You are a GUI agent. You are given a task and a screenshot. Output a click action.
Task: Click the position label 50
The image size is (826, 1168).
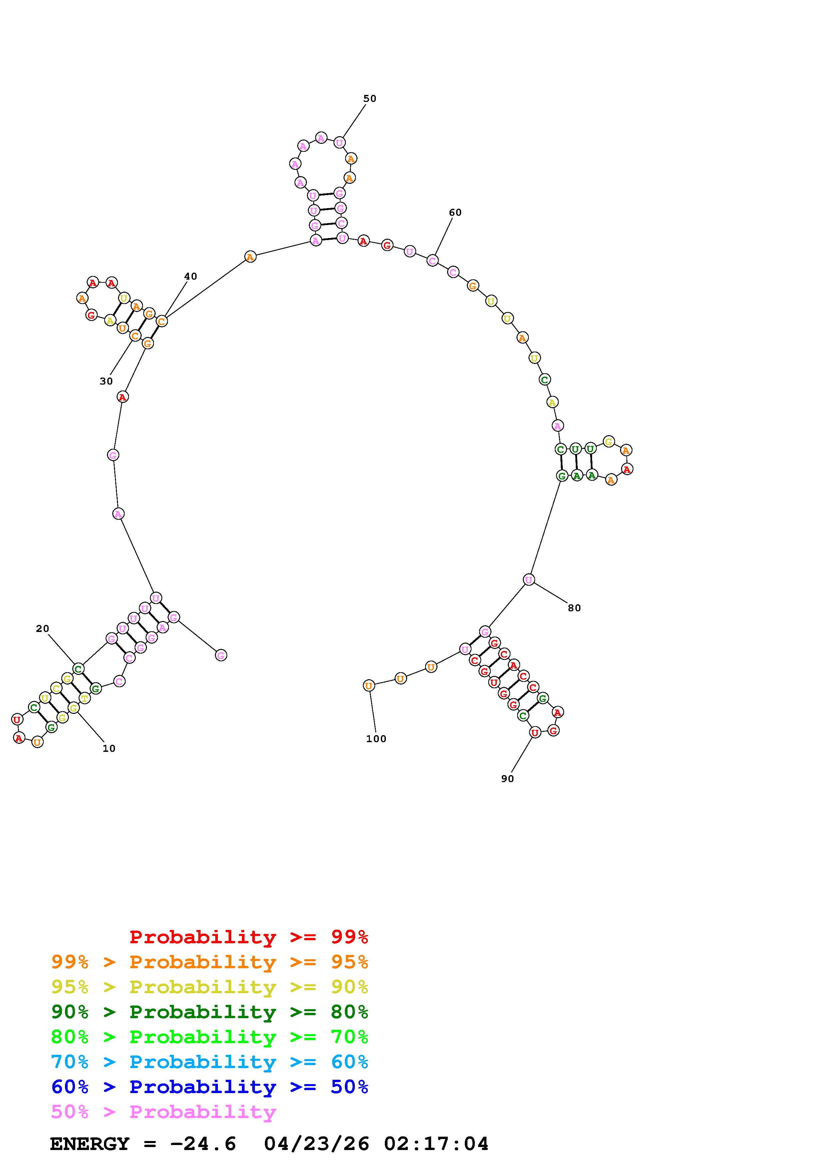(x=370, y=99)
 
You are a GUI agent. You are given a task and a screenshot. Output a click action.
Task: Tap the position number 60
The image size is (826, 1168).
(x=455, y=213)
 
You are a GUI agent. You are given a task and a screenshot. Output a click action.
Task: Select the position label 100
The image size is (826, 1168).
(x=376, y=738)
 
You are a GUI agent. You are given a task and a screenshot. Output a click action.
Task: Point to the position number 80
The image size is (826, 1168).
(x=574, y=608)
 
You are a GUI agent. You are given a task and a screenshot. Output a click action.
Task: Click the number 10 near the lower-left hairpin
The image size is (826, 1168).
(x=109, y=748)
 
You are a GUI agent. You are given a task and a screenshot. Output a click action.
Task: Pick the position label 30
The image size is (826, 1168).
(x=106, y=381)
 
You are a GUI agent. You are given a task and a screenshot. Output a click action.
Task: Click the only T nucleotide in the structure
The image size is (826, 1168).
(x=85, y=699)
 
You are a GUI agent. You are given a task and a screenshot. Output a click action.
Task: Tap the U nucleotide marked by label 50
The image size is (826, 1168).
(x=340, y=143)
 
